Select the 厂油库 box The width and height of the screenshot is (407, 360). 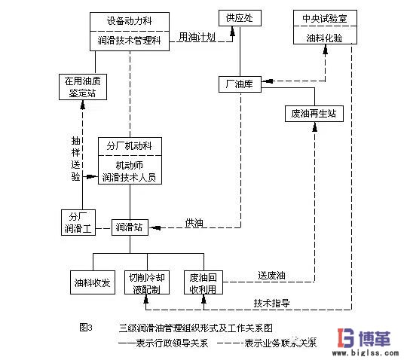(x=240, y=84)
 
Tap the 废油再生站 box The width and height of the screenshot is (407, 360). (x=314, y=114)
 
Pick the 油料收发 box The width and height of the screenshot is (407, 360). (x=92, y=282)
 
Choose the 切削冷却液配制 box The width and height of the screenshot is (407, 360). (x=149, y=282)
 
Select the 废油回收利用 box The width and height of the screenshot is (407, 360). (x=203, y=282)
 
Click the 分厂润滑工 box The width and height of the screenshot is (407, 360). (x=77, y=222)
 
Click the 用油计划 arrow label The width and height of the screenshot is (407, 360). (x=197, y=35)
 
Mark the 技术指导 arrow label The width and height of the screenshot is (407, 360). (x=273, y=303)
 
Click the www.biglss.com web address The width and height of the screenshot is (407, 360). (x=366, y=351)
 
